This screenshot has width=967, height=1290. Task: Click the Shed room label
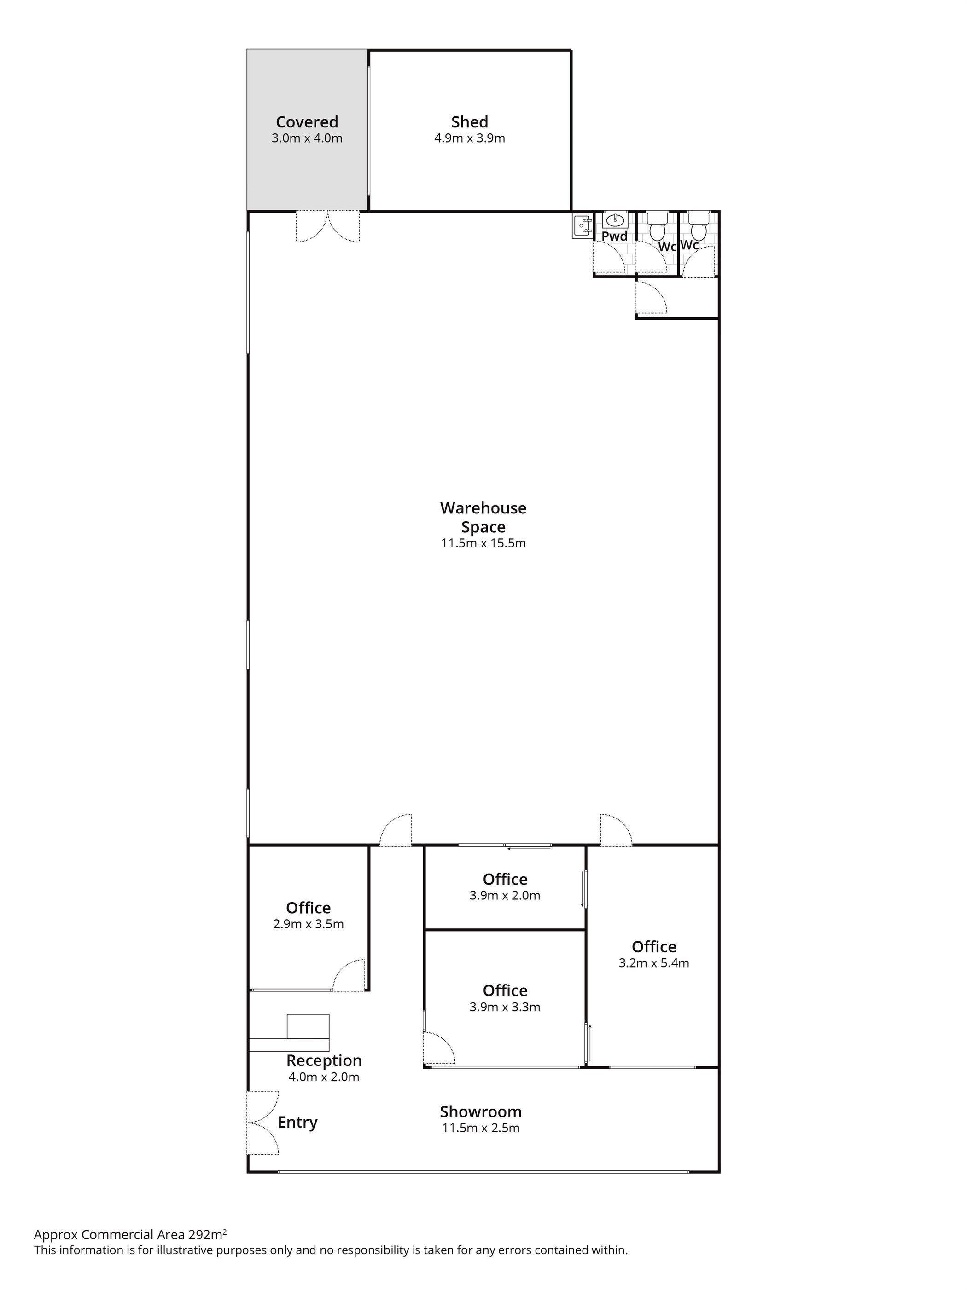click(x=469, y=122)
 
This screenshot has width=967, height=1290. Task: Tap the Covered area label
click(x=307, y=122)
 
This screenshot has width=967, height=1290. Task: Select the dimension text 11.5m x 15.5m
click(x=483, y=543)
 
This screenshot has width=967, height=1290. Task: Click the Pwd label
click(x=615, y=236)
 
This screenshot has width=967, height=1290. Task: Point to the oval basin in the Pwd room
click(x=615, y=220)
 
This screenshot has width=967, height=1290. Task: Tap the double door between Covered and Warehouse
click(x=327, y=227)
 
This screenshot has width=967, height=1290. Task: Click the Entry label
click(x=297, y=1123)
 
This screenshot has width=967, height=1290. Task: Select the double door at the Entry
click(x=262, y=1123)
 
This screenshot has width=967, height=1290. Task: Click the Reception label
click(x=324, y=1060)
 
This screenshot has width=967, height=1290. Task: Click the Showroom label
click(x=481, y=1111)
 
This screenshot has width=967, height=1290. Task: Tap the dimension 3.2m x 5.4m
click(x=653, y=963)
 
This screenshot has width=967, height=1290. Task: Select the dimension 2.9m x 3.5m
click(x=308, y=924)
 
